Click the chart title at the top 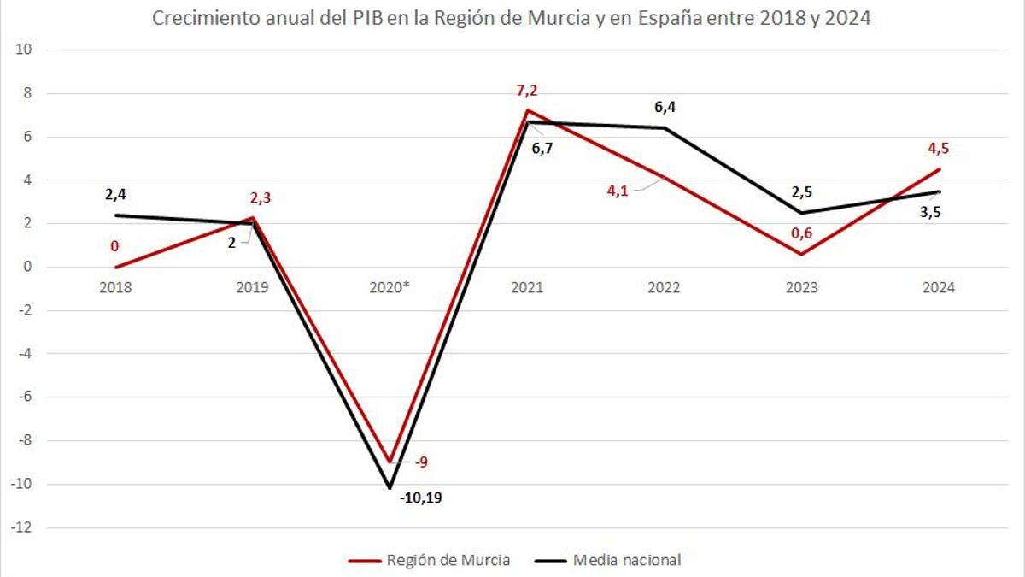(x=511, y=19)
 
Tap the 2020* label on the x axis (x=389, y=288)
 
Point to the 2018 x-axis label (x=115, y=288)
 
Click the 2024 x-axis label (x=938, y=288)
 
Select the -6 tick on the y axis (x=24, y=397)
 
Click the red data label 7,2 (x=527, y=91)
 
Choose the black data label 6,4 (x=665, y=107)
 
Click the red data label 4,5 (x=938, y=149)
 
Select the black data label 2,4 (x=115, y=195)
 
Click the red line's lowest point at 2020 (x=389, y=462)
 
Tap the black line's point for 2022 (x=665, y=128)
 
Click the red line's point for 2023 (x=801, y=254)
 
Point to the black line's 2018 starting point (x=115, y=215)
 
